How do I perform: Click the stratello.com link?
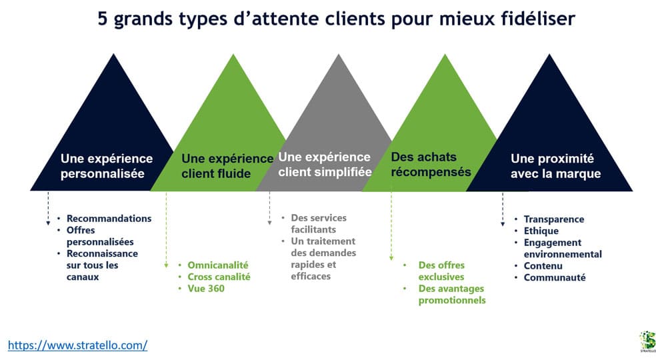pyautogui.click(x=77, y=345)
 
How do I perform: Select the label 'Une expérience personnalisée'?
pyautogui.click(x=107, y=166)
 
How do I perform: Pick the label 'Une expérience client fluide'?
pyautogui.click(x=227, y=166)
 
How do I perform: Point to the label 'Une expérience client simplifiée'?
pyautogui.click(x=325, y=165)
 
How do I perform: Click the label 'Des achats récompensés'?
pyautogui.click(x=431, y=165)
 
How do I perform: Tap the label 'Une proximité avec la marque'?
pyautogui.click(x=555, y=166)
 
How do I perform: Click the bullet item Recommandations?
pyautogui.click(x=109, y=219)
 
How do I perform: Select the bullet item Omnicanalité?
pyautogui.click(x=217, y=265)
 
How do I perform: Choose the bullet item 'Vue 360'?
pyautogui.click(x=206, y=289)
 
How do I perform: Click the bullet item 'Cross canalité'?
pyautogui.click(x=219, y=277)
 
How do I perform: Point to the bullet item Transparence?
pyautogui.click(x=554, y=219)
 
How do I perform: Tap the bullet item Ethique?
pyautogui.click(x=541, y=231)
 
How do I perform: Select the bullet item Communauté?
pyautogui.click(x=555, y=277)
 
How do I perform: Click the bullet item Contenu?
pyautogui.click(x=543, y=266)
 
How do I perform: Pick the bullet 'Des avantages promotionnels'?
pyautogui.click(x=452, y=294)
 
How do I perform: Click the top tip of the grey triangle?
pyautogui.click(x=339, y=55)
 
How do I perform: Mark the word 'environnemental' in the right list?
pyautogui.click(x=563, y=254)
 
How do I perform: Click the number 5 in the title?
pyautogui.click(x=103, y=19)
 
